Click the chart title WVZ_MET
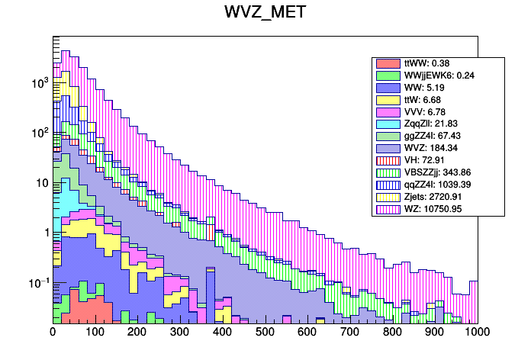click(265, 13)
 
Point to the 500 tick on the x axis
click(265, 333)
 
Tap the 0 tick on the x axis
click(53, 333)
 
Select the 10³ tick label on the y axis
click(38, 83)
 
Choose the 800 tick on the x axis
click(392, 333)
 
